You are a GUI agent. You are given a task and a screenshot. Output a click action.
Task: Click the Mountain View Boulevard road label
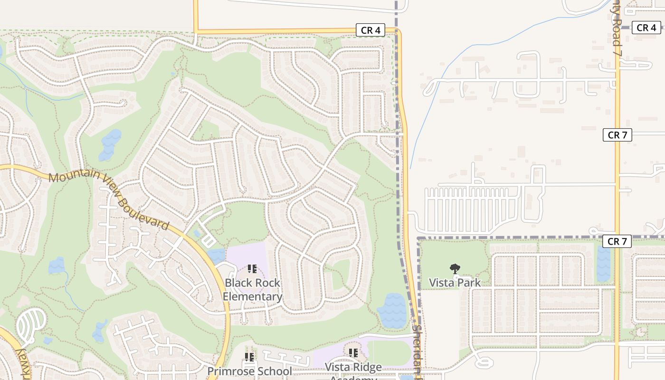(x=109, y=200)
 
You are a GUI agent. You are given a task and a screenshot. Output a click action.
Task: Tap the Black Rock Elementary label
(x=252, y=290)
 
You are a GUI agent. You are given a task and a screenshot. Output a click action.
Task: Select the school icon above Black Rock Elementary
(x=252, y=269)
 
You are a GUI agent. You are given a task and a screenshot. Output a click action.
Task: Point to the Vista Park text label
(x=455, y=283)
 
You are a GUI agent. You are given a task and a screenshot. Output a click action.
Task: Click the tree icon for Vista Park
(x=455, y=269)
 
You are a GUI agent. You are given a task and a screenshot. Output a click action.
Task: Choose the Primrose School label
(x=249, y=371)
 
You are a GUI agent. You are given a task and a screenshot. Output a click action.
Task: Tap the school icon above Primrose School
(x=249, y=357)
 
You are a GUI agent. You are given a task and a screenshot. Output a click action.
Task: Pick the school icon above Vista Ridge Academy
(x=353, y=353)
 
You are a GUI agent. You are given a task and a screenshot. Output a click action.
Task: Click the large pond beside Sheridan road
(x=392, y=311)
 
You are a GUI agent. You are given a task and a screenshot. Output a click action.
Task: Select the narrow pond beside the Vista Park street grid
(x=603, y=264)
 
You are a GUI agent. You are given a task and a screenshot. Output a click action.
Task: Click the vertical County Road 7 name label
(x=616, y=28)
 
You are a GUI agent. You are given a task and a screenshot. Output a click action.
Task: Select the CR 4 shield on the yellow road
(x=370, y=30)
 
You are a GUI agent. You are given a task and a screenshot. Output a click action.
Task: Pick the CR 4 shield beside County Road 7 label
(x=646, y=28)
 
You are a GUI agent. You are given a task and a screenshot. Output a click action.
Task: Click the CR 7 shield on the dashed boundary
(x=617, y=241)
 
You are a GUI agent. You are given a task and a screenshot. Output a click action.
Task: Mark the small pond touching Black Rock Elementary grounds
(x=216, y=256)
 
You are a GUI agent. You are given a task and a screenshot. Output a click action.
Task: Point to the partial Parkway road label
(x=21, y=363)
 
